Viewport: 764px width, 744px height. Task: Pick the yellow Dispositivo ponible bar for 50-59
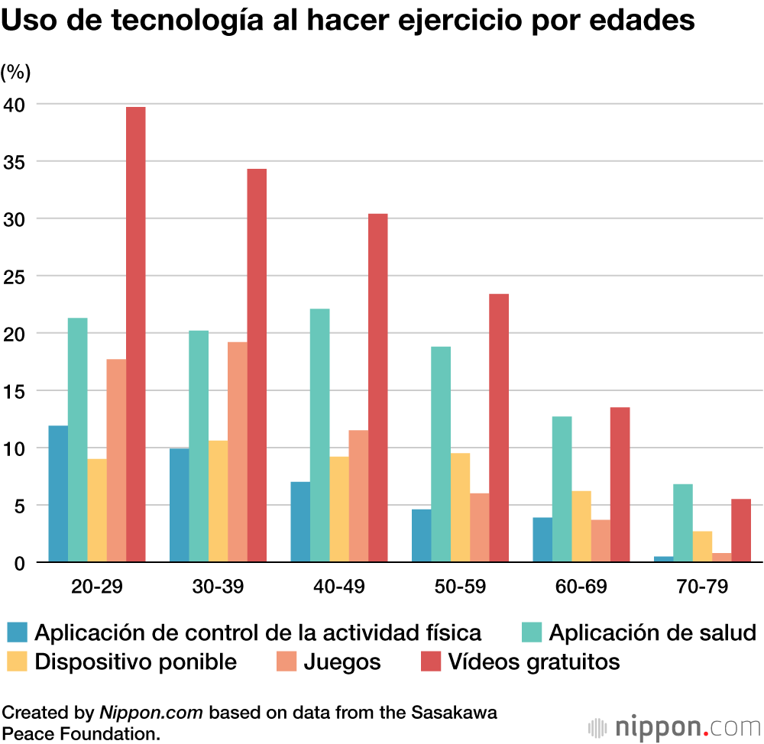tap(460, 508)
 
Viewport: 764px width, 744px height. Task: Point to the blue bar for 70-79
tap(664, 559)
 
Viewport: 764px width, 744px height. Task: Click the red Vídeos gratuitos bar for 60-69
tap(620, 485)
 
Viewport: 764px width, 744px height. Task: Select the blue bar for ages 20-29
tap(58, 494)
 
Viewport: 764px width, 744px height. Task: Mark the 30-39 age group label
tap(218, 587)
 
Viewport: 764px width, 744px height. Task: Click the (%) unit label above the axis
tap(15, 73)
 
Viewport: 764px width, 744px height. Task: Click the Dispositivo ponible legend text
tap(135, 661)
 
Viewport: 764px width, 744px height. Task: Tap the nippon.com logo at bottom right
tap(672, 724)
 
